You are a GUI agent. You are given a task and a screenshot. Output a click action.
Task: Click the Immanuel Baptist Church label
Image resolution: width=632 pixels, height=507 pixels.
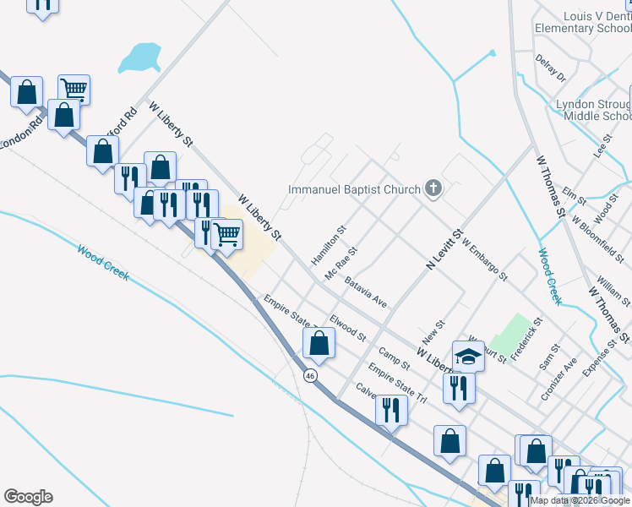coord(354,189)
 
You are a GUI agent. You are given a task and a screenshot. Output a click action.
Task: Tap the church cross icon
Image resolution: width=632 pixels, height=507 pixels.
coord(433,188)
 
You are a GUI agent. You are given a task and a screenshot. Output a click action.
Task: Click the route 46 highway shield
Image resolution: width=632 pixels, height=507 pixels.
coord(311,376)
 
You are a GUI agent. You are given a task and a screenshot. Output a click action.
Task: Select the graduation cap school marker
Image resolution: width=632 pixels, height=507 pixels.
coord(468,356)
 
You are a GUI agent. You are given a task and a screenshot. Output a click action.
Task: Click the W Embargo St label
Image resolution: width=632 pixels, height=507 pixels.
coord(484,259)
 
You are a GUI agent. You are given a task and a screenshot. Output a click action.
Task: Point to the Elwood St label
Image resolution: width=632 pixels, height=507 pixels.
coord(347,328)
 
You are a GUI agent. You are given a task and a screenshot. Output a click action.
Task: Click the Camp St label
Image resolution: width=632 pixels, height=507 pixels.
coord(394,359)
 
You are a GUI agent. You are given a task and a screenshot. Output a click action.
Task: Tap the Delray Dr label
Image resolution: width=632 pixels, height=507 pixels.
coord(550,68)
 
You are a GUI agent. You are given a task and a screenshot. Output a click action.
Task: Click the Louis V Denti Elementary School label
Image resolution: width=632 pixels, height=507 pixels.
coord(582,22)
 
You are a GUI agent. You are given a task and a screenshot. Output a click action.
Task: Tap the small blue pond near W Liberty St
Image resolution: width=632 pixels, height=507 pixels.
coord(140,58)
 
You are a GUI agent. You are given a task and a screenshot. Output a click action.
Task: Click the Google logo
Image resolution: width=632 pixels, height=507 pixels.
coord(28,497)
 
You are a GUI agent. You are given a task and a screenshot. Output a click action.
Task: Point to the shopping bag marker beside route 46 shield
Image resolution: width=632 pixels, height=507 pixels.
coord(319,343)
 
